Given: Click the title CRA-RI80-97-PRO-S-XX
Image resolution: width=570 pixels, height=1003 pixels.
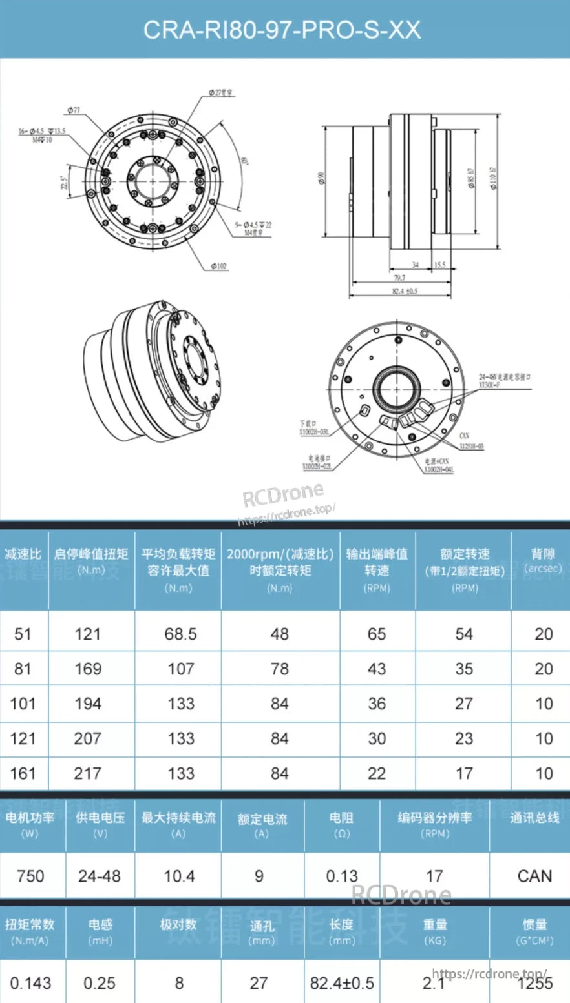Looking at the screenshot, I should [282, 30].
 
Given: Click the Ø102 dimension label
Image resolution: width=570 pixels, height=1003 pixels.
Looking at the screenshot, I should [220, 266].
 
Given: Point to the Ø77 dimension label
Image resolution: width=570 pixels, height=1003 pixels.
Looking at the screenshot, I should [73, 110].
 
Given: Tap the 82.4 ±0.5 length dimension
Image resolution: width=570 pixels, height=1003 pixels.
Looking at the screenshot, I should [405, 291].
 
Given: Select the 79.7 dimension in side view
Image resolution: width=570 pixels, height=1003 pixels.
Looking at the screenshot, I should [399, 278].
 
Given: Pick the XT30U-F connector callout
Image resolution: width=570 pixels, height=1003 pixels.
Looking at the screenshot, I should [489, 385].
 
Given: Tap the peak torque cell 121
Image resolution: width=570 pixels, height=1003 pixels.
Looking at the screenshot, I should [88, 634].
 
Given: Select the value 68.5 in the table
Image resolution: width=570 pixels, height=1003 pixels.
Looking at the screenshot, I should [180, 634].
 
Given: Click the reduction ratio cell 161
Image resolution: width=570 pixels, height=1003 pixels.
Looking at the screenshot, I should [23, 773].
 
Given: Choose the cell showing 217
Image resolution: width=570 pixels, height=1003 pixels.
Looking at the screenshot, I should [88, 773].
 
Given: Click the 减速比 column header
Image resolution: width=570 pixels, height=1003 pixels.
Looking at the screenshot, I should [23, 554].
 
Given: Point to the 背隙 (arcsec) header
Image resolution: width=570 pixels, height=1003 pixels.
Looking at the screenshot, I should [543, 560].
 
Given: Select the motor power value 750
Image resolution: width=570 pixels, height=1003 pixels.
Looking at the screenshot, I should [30, 876].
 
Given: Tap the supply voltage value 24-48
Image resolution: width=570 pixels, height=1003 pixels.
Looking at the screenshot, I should [100, 876].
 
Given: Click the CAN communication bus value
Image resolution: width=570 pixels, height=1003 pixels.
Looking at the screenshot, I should [534, 876].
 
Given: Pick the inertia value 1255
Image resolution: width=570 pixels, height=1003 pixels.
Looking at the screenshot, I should [535, 984].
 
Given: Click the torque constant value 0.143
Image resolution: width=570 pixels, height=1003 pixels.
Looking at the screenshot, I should [30, 984].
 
